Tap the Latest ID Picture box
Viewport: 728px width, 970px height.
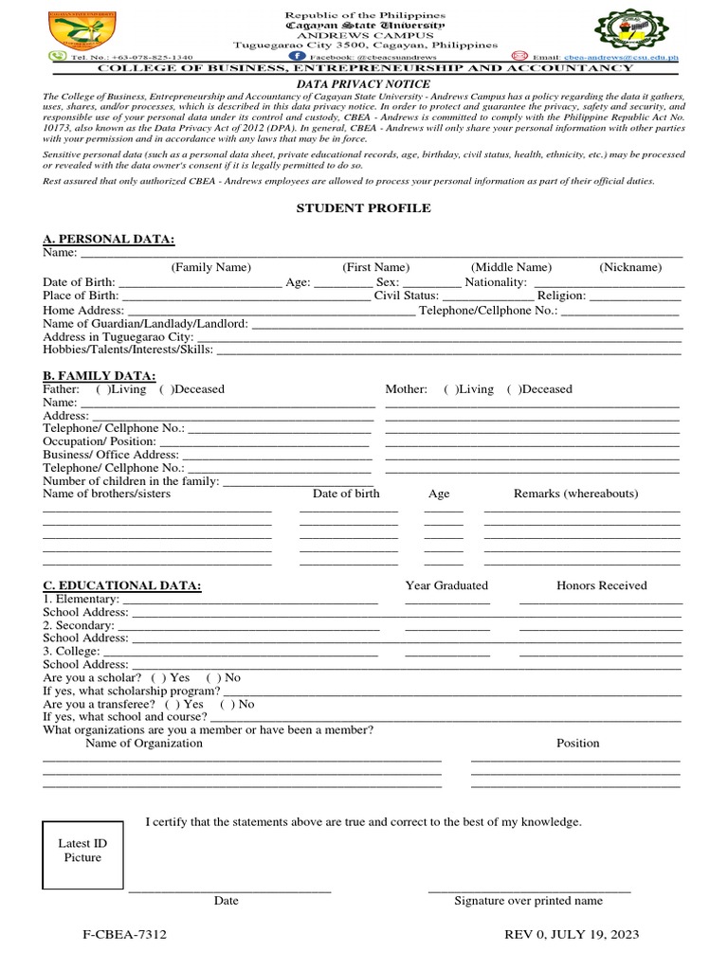pos(82,850)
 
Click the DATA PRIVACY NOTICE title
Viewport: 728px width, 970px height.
pos(364,84)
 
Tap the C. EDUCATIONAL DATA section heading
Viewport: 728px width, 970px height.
pos(122,586)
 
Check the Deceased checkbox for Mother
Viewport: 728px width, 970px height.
pos(513,389)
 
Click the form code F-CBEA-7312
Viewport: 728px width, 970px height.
pos(124,935)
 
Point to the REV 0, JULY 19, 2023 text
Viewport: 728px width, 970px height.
pos(572,935)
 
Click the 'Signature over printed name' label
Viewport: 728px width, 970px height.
pos(528,901)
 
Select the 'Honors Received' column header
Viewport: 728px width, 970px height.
pos(601,585)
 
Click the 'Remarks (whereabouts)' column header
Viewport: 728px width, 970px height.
pos(575,494)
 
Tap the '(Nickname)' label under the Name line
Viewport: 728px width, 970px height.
pos(630,268)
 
